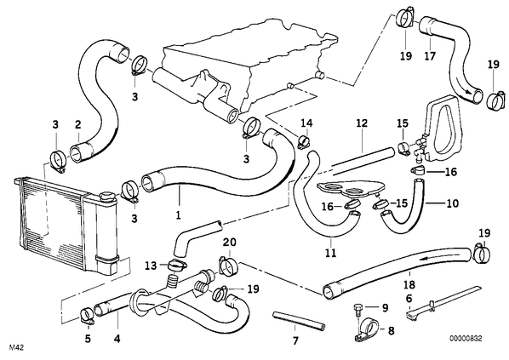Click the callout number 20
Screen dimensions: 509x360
pyautogui.click(x=230, y=243)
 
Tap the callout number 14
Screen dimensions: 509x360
pyautogui.click(x=306, y=123)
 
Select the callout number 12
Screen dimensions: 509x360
pyautogui.click(x=362, y=123)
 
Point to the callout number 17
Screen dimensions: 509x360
pyautogui.click(x=430, y=56)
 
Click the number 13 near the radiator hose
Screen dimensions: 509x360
pyautogui.click(x=151, y=266)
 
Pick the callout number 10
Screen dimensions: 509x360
pyautogui.click(x=453, y=203)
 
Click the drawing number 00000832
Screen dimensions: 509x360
pyautogui.click(x=466, y=338)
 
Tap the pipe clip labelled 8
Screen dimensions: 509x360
pyautogui.click(x=367, y=330)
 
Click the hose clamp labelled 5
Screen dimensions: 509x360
pyautogui.click(x=87, y=317)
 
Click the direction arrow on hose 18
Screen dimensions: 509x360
pyautogui.click(x=429, y=257)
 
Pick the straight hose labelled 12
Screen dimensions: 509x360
pyautogui.click(x=363, y=161)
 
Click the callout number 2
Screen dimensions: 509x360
pyautogui.click(x=77, y=124)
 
